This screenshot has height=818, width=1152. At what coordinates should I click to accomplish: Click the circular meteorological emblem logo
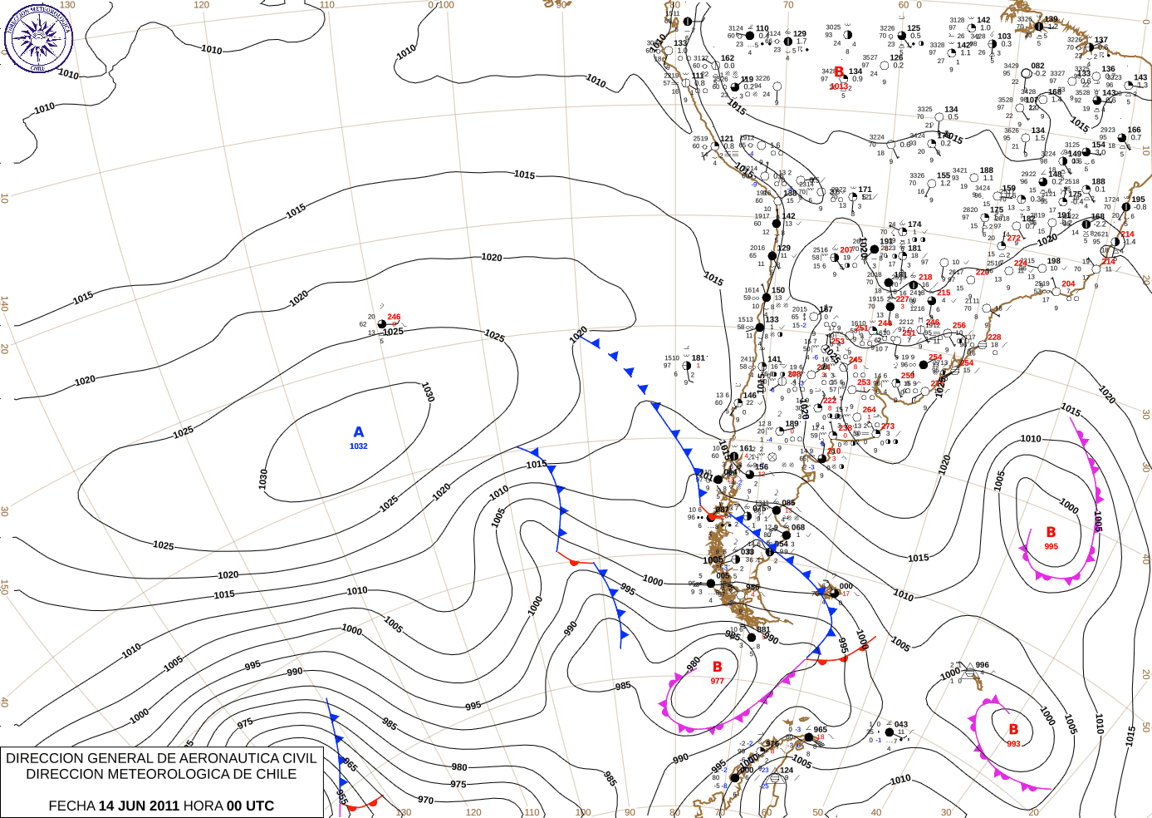[x=39, y=38]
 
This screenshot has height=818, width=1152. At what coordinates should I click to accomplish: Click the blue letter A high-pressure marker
[x=359, y=432]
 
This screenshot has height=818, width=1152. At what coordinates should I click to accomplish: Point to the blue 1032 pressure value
[x=359, y=446]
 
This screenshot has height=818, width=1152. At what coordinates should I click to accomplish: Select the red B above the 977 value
[x=718, y=667]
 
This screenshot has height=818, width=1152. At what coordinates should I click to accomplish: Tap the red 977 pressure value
[x=718, y=681]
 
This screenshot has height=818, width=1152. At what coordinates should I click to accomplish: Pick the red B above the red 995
[x=1051, y=532]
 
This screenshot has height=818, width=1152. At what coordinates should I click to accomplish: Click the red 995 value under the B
[x=1052, y=546]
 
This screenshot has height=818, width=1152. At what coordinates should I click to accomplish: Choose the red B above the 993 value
[x=1013, y=729]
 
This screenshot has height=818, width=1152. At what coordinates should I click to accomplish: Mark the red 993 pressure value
[x=1013, y=743]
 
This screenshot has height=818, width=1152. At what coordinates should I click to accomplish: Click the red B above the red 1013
[x=839, y=72]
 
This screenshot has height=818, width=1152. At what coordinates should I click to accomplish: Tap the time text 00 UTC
[x=251, y=806]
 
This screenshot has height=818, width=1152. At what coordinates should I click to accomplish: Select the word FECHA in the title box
[x=71, y=806]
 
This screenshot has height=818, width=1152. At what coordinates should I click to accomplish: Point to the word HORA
[x=203, y=806]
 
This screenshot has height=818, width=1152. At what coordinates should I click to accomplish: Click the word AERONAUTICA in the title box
[x=227, y=758]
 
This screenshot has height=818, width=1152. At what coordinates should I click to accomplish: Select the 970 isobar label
[x=425, y=800]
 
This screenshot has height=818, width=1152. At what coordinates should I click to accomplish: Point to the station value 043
[x=901, y=724]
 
